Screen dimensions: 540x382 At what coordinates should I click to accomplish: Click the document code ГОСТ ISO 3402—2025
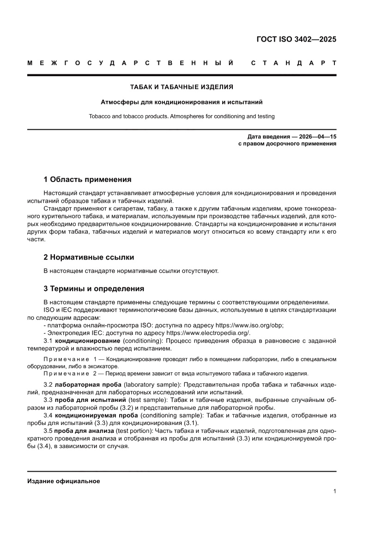[296, 39]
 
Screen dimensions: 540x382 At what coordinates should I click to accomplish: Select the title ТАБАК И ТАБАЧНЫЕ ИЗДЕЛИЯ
[182, 86]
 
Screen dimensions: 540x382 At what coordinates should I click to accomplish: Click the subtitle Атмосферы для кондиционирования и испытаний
[182, 102]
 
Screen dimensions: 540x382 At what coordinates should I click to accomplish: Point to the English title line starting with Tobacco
[182, 116]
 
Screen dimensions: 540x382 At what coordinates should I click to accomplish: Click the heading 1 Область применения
[87, 179]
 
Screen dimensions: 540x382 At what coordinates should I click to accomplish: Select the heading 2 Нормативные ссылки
[89, 257]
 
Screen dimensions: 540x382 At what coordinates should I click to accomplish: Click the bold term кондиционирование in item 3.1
[88, 341]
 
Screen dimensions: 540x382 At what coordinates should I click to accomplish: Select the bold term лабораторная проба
[88, 385]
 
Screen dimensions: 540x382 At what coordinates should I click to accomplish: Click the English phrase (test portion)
[134, 431]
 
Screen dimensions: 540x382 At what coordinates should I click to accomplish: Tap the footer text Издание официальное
[64, 481]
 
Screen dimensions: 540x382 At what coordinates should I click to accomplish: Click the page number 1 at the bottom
[334, 491]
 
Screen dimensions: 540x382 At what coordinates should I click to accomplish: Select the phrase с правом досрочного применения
[287, 144]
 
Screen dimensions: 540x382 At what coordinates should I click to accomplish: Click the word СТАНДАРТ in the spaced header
[293, 63]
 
